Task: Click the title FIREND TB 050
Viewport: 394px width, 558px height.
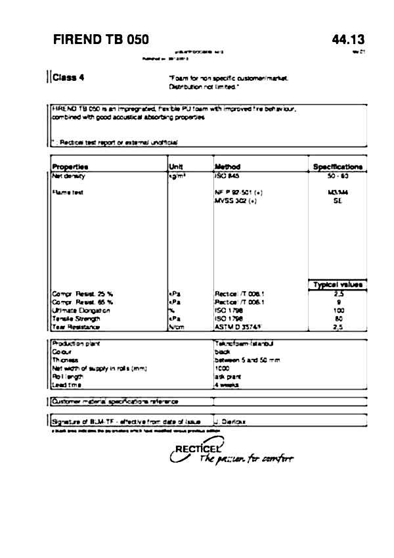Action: pyautogui.click(x=100, y=40)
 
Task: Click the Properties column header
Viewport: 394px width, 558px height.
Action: pyautogui.click(x=70, y=167)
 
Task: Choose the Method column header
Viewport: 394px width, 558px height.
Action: pyautogui.click(x=227, y=167)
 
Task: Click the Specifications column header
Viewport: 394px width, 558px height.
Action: pyautogui.click(x=338, y=167)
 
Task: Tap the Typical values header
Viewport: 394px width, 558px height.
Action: pyautogui.click(x=338, y=285)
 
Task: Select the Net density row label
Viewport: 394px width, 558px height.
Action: pyautogui.click(x=69, y=176)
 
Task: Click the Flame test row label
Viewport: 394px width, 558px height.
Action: pyautogui.click(x=66, y=192)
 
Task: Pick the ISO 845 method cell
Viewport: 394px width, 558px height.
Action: pyautogui.click(x=225, y=176)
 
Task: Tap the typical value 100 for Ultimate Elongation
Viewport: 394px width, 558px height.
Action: pyautogui.click(x=338, y=310)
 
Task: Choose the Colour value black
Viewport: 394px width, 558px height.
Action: pyautogui.click(x=222, y=352)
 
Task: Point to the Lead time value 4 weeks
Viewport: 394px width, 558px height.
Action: pyautogui.click(x=226, y=385)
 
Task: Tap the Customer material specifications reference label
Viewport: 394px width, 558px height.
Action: pyautogui.click(x=116, y=401)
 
